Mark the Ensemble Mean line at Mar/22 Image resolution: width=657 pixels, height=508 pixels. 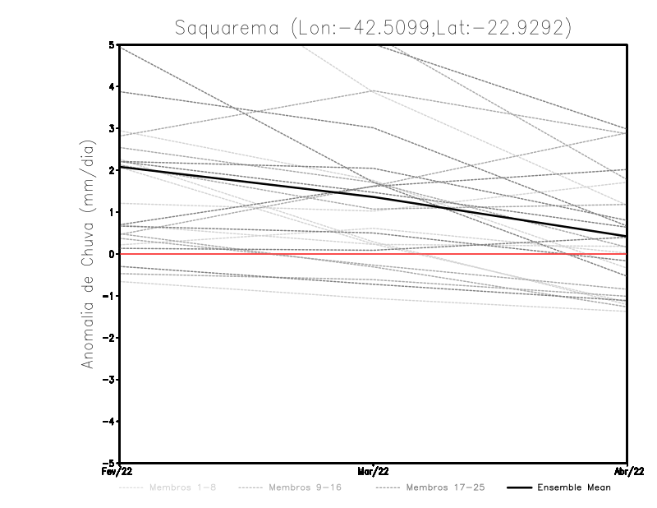374,196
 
